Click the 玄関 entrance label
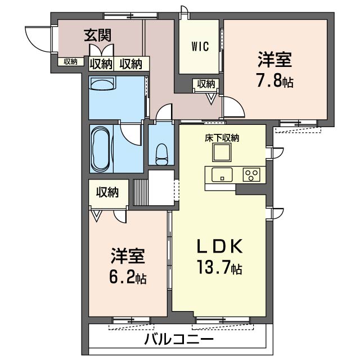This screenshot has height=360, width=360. (x=97, y=36)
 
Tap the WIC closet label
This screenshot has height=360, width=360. (x=200, y=47)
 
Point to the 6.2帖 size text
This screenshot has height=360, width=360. (x=128, y=278)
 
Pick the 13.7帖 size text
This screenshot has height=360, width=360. (x=219, y=269)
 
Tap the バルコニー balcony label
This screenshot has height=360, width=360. (x=178, y=340)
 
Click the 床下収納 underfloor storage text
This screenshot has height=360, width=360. (x=222, y=137)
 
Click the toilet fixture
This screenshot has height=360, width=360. (x=161, y=153)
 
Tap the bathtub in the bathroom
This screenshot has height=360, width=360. (x=102, y=148)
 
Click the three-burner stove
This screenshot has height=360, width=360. (x=251, y=174)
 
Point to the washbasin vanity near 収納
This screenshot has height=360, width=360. (x=102, y=85)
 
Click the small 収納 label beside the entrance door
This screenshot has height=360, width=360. (x=70, y=62)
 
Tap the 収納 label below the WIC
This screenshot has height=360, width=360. (x=205, y=84)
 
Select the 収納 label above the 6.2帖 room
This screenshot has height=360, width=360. (x=107, y=192)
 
